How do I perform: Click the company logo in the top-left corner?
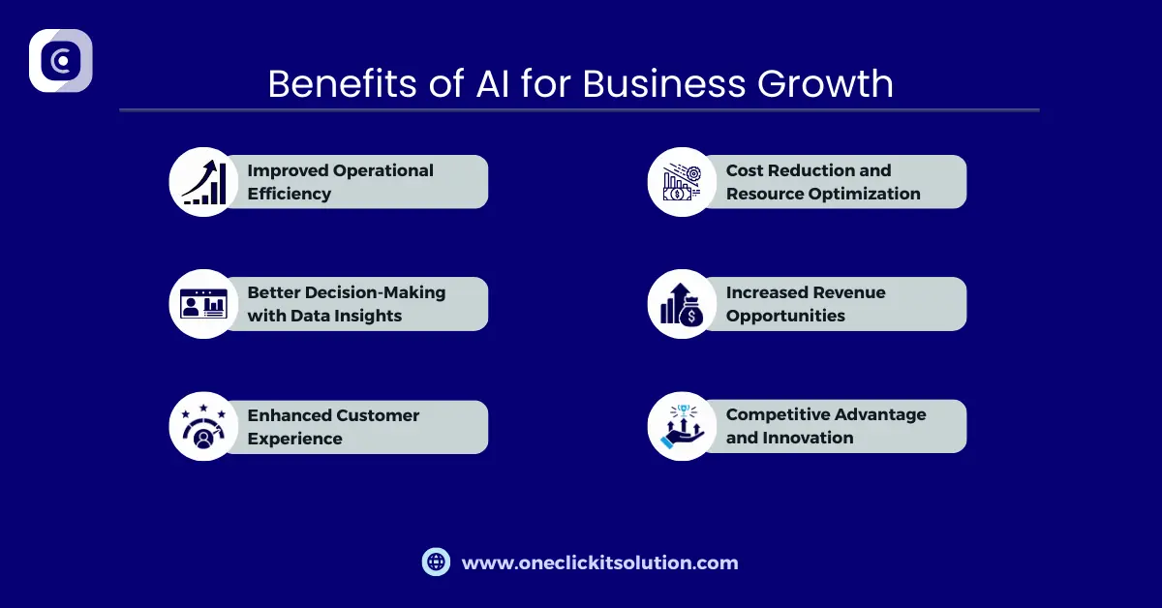tap(61, 61)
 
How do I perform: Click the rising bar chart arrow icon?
tap(204, 182)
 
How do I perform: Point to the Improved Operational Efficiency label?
tap(340, 182)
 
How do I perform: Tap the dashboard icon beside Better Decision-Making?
tap(204, 304)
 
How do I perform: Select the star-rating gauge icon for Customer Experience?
tap(204, 427)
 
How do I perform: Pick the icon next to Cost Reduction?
tap(683, 182)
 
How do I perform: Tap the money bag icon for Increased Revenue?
tap(683, 304)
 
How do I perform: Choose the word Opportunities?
tap(785, 316)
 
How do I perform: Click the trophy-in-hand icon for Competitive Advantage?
tap(683, 426)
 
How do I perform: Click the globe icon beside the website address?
tap(437, 562)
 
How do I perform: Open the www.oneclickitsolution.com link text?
tap(599, 562)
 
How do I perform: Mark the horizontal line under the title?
tap(579, 110)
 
